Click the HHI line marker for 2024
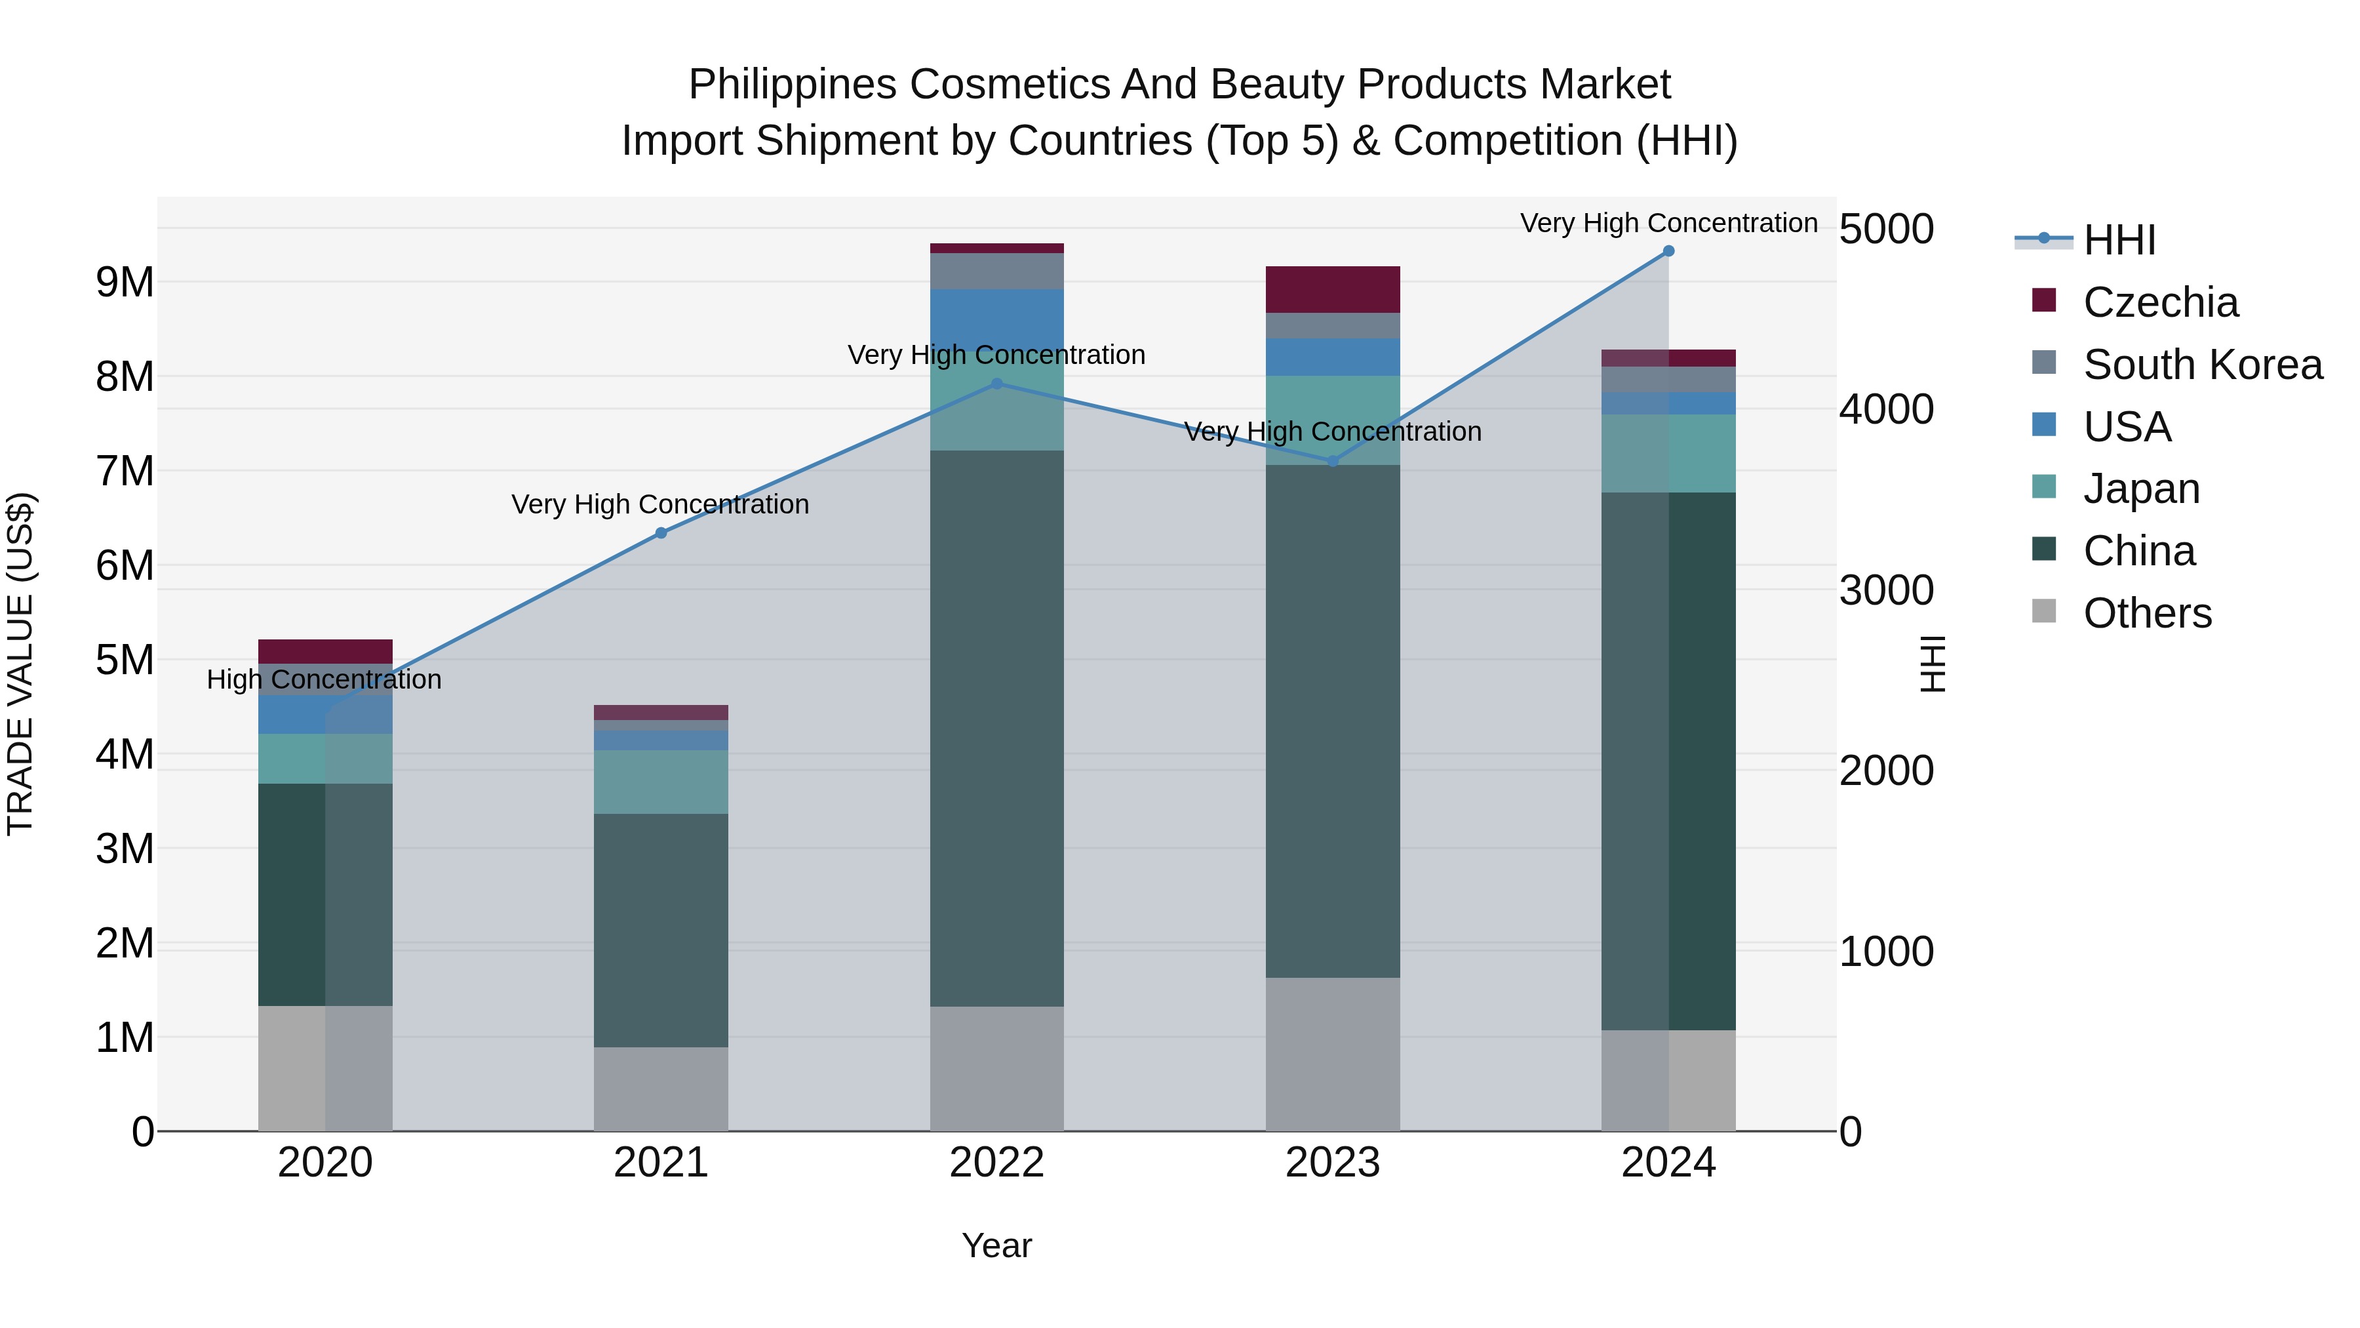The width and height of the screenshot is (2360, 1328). pyautogui.click(x=1668, y=251)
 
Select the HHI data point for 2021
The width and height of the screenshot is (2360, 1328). pyautogui.click(x=661, y=533)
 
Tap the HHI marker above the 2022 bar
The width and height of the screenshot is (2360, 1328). pyautogui.click(x=996, y=384)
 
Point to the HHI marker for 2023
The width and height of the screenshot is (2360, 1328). pyautogui.click(x=1333, y=461)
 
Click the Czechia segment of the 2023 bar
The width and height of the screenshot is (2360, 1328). pyautogui.click(x=1333, y=290)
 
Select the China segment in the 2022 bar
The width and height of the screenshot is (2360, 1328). pyautogui.click(x=996, y=729)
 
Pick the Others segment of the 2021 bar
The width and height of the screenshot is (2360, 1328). pyautogui.click(x=661, y=1089)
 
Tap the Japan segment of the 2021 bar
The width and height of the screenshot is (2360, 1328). pyautogui.click(x=661, y=782)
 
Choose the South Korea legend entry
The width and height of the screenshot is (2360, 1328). pyautogui.click(x=2203, y=365)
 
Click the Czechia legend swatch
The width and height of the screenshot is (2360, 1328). pyautogui.click(x=2043, y=300)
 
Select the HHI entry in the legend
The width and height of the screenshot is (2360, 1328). pyautogui.click(x=2119, y=240)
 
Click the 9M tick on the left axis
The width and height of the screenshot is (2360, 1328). pyautogui.click(x=125, y=282)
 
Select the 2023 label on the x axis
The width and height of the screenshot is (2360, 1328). pyautogui.click(x=1333, y=1163)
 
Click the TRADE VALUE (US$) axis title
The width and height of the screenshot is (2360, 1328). pyautogui.click(x=20, y=664)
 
